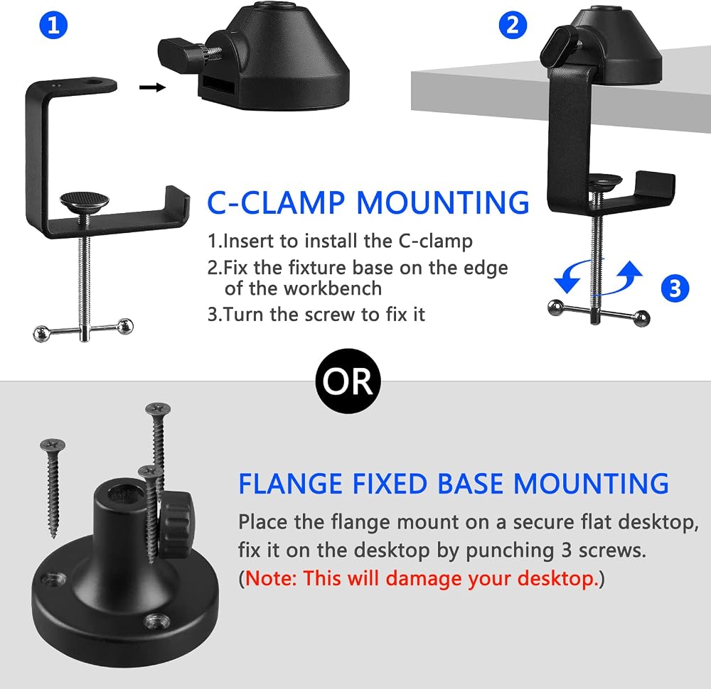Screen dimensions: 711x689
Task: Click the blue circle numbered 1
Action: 53,25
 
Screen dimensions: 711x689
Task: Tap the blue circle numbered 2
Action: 513,25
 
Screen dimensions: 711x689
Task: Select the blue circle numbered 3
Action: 675,288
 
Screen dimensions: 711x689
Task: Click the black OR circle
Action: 348,381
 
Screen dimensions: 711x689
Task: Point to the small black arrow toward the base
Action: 152,87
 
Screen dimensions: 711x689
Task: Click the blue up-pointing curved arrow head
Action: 630,269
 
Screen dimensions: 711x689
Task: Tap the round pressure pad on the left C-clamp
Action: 85,201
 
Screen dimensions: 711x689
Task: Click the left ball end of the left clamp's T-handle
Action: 41,334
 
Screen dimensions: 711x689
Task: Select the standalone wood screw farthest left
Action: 53,488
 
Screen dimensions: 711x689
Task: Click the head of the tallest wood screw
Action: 158,409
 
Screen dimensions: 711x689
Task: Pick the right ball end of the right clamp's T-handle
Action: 641,318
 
